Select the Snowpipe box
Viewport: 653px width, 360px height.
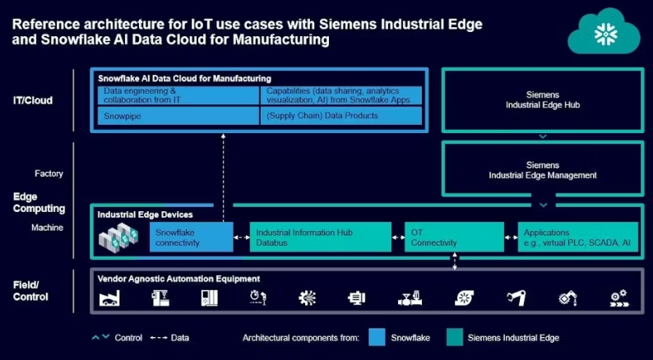click(178, 116)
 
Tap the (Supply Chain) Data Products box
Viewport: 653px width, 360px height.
click(341, 116)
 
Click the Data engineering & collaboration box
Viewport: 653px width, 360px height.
click(178, 95)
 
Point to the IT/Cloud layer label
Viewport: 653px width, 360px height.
click(33, 101)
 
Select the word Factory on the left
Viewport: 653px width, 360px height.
click(49, 174)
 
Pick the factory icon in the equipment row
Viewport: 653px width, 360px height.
click(109, 298)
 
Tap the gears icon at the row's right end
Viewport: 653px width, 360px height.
click(618, 298)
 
